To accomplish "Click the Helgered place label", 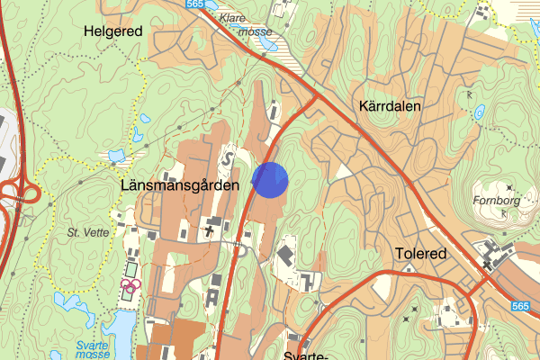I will coord(112,31).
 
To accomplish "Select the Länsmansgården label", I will coord(179,184).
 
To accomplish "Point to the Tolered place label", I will coord(420,254).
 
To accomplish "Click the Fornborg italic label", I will coord(496,201).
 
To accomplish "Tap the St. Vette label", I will coord(85,231).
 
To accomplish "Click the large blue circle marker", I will coord(270,179).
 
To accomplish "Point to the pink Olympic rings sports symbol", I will coord(131,283).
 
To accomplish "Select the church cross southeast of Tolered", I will coord(487,265).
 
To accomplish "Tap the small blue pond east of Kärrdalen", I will coord(480,114).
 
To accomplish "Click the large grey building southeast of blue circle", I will coord(284,256).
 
